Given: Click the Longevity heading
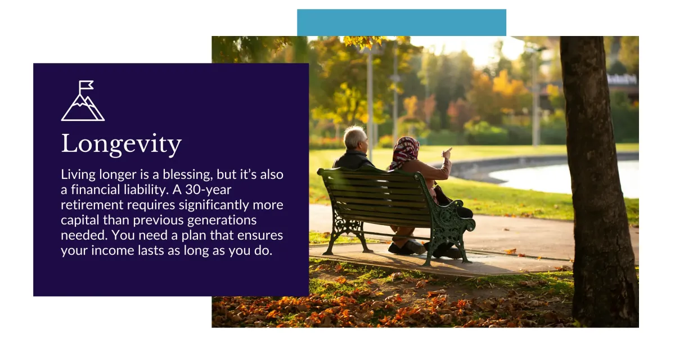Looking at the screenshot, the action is click(121, 144).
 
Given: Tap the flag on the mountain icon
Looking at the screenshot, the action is click(86, 85).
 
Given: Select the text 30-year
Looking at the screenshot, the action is click(208, 190).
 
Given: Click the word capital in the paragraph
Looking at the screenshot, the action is click(80, 220).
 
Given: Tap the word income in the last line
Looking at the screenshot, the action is click(112, 250).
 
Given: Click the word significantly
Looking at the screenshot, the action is click(214, 205).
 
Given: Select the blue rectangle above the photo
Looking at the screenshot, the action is click(402, 22).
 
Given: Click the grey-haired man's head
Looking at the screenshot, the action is click(355, 138).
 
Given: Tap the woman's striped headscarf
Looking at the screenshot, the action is click(404, 151).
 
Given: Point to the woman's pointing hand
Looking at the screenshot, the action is click(447, 154).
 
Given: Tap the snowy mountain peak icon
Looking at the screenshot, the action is click(83, 107).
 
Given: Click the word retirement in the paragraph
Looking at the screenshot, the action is click(92, 205).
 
